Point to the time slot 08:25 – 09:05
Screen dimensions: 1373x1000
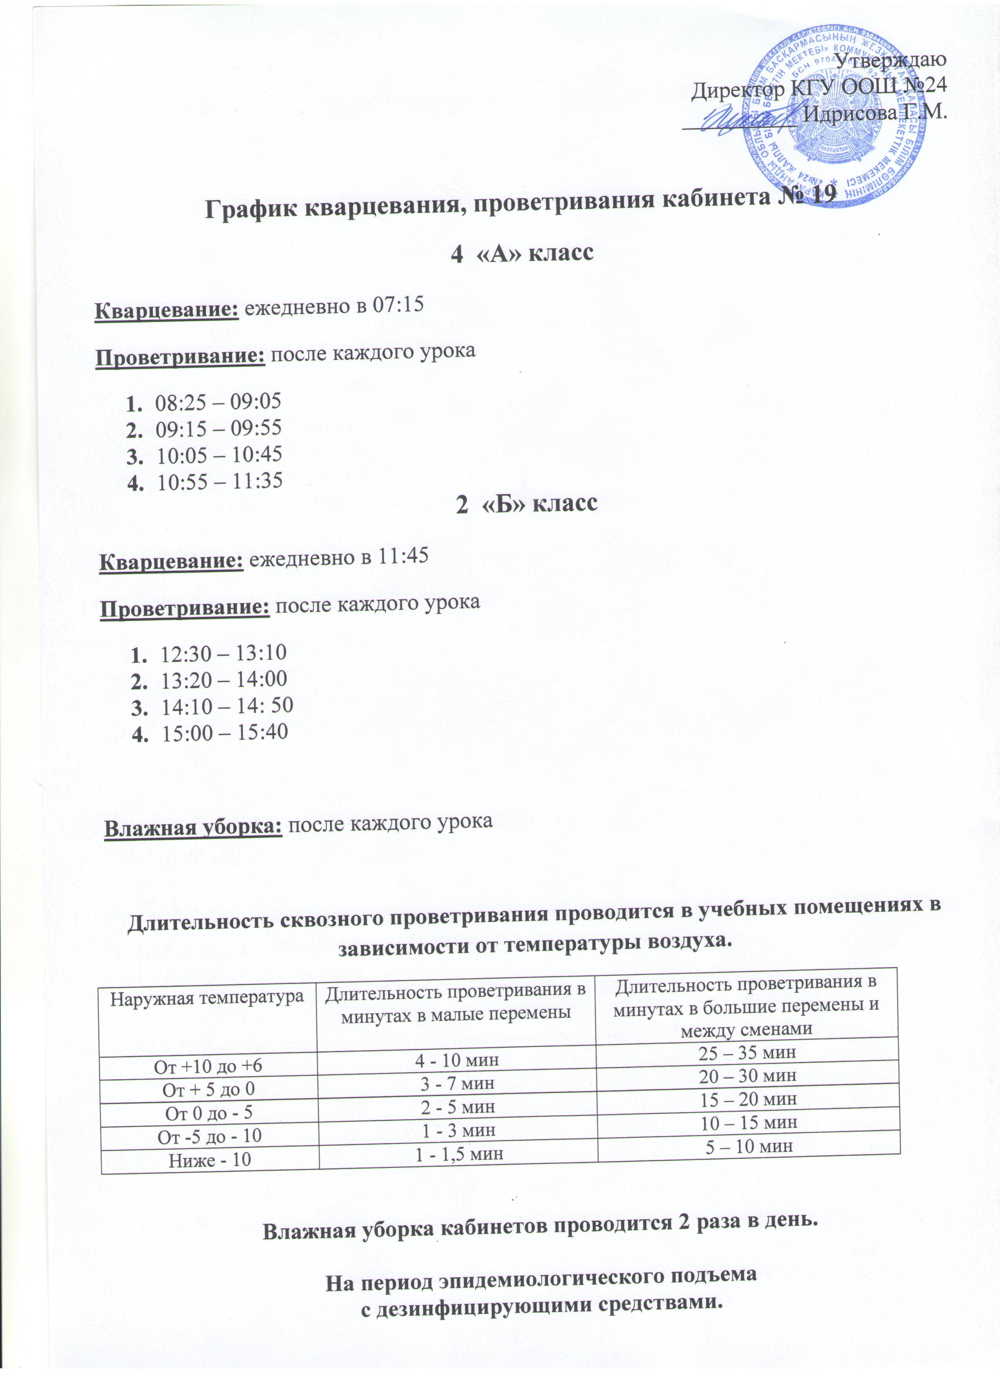[218, 401]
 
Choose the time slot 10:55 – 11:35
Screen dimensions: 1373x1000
[220, 481]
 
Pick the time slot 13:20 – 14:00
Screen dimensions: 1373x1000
[224, 678]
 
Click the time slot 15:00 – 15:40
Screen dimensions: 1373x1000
[225, 732]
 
